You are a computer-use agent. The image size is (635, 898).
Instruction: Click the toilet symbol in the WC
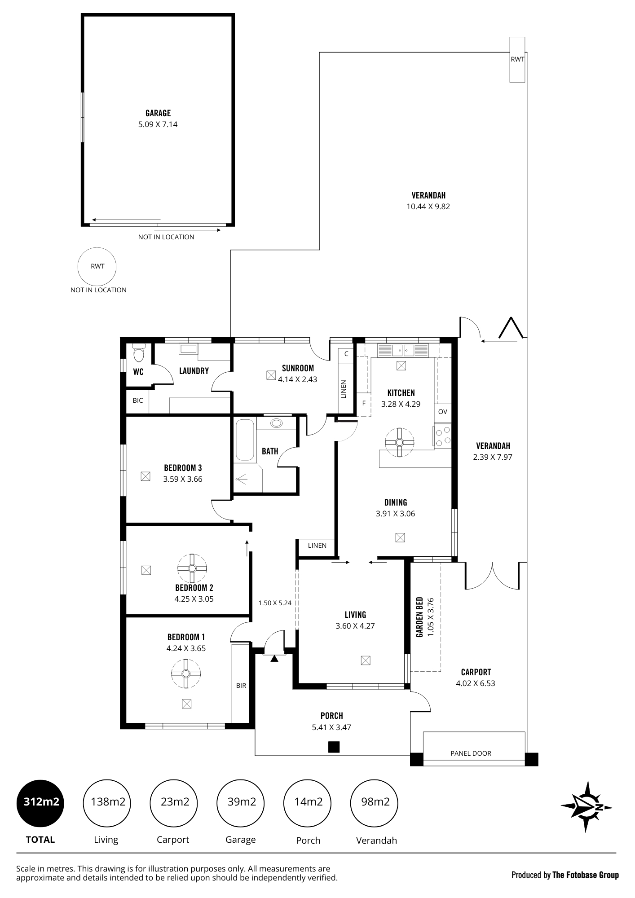pyautogui.click(x=139, y=353)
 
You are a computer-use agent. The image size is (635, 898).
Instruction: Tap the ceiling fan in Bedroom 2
pyautogui.click(x=192, y=568)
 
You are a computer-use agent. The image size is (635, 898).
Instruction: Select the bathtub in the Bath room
pyautogui.click(x=245, y=440)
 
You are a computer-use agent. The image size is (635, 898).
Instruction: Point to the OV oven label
pyautogui.click(x=442, y=411)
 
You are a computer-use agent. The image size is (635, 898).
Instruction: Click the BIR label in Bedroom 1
pyautogui.click(x=241, y=686)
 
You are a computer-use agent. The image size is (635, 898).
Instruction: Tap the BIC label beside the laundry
pyautogui.click(x=138, y=401)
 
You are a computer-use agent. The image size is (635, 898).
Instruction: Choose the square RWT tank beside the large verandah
pyautogui.click(x=517, y=60)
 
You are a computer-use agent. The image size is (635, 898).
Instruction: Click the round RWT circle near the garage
pyautogui.click(x=97, y=266)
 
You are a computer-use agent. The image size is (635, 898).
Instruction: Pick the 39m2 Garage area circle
pyautogui.click(x=241, y=802)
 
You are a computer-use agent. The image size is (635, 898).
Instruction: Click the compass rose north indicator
pyautogui.click(x=587, y=806)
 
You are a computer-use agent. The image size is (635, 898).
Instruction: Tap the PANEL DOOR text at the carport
pyautogui.click(x=471, y=753)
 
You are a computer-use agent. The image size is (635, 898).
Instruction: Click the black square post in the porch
pyautogui.click(x=334, y=747)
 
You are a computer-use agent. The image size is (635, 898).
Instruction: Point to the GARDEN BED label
pyautogui.click(x=419, y=617)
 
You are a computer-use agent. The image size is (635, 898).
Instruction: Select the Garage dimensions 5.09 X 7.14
pyautogui.click(x=158, y=124)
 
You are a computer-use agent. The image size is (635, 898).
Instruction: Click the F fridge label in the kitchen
pyautogui.click(x=364, y=403)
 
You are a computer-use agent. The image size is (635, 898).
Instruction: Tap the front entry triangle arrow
pyautogui.click(x=274, y=658)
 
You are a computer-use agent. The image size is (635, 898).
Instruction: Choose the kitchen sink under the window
pyautogui.click(x=403, y=350)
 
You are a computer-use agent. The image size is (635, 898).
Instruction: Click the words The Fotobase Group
pyautogui.click(x=586, y=875)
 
